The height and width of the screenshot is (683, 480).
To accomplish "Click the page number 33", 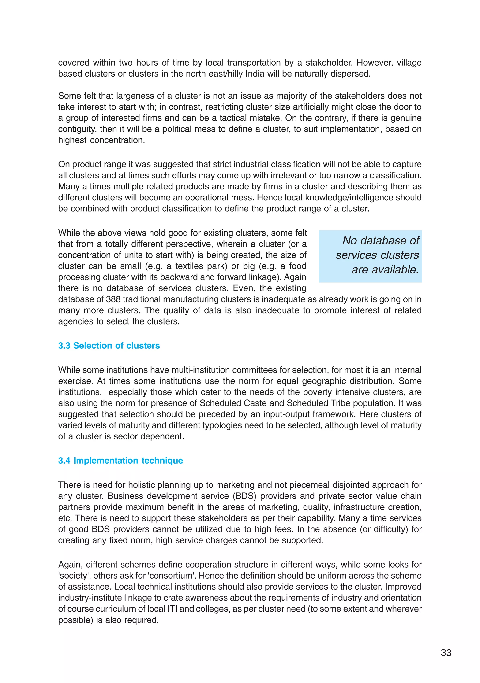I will click(x=446, y=652).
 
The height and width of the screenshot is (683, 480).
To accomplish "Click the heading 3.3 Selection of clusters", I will click(x=109, y=345).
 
